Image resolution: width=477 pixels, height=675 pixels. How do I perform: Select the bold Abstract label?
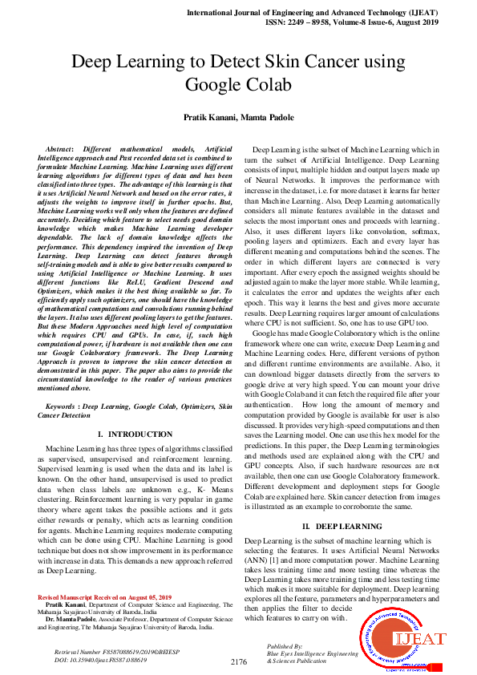click(x=62, y=150)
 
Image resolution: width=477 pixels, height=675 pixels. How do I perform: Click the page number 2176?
click(x=238, y=661)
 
